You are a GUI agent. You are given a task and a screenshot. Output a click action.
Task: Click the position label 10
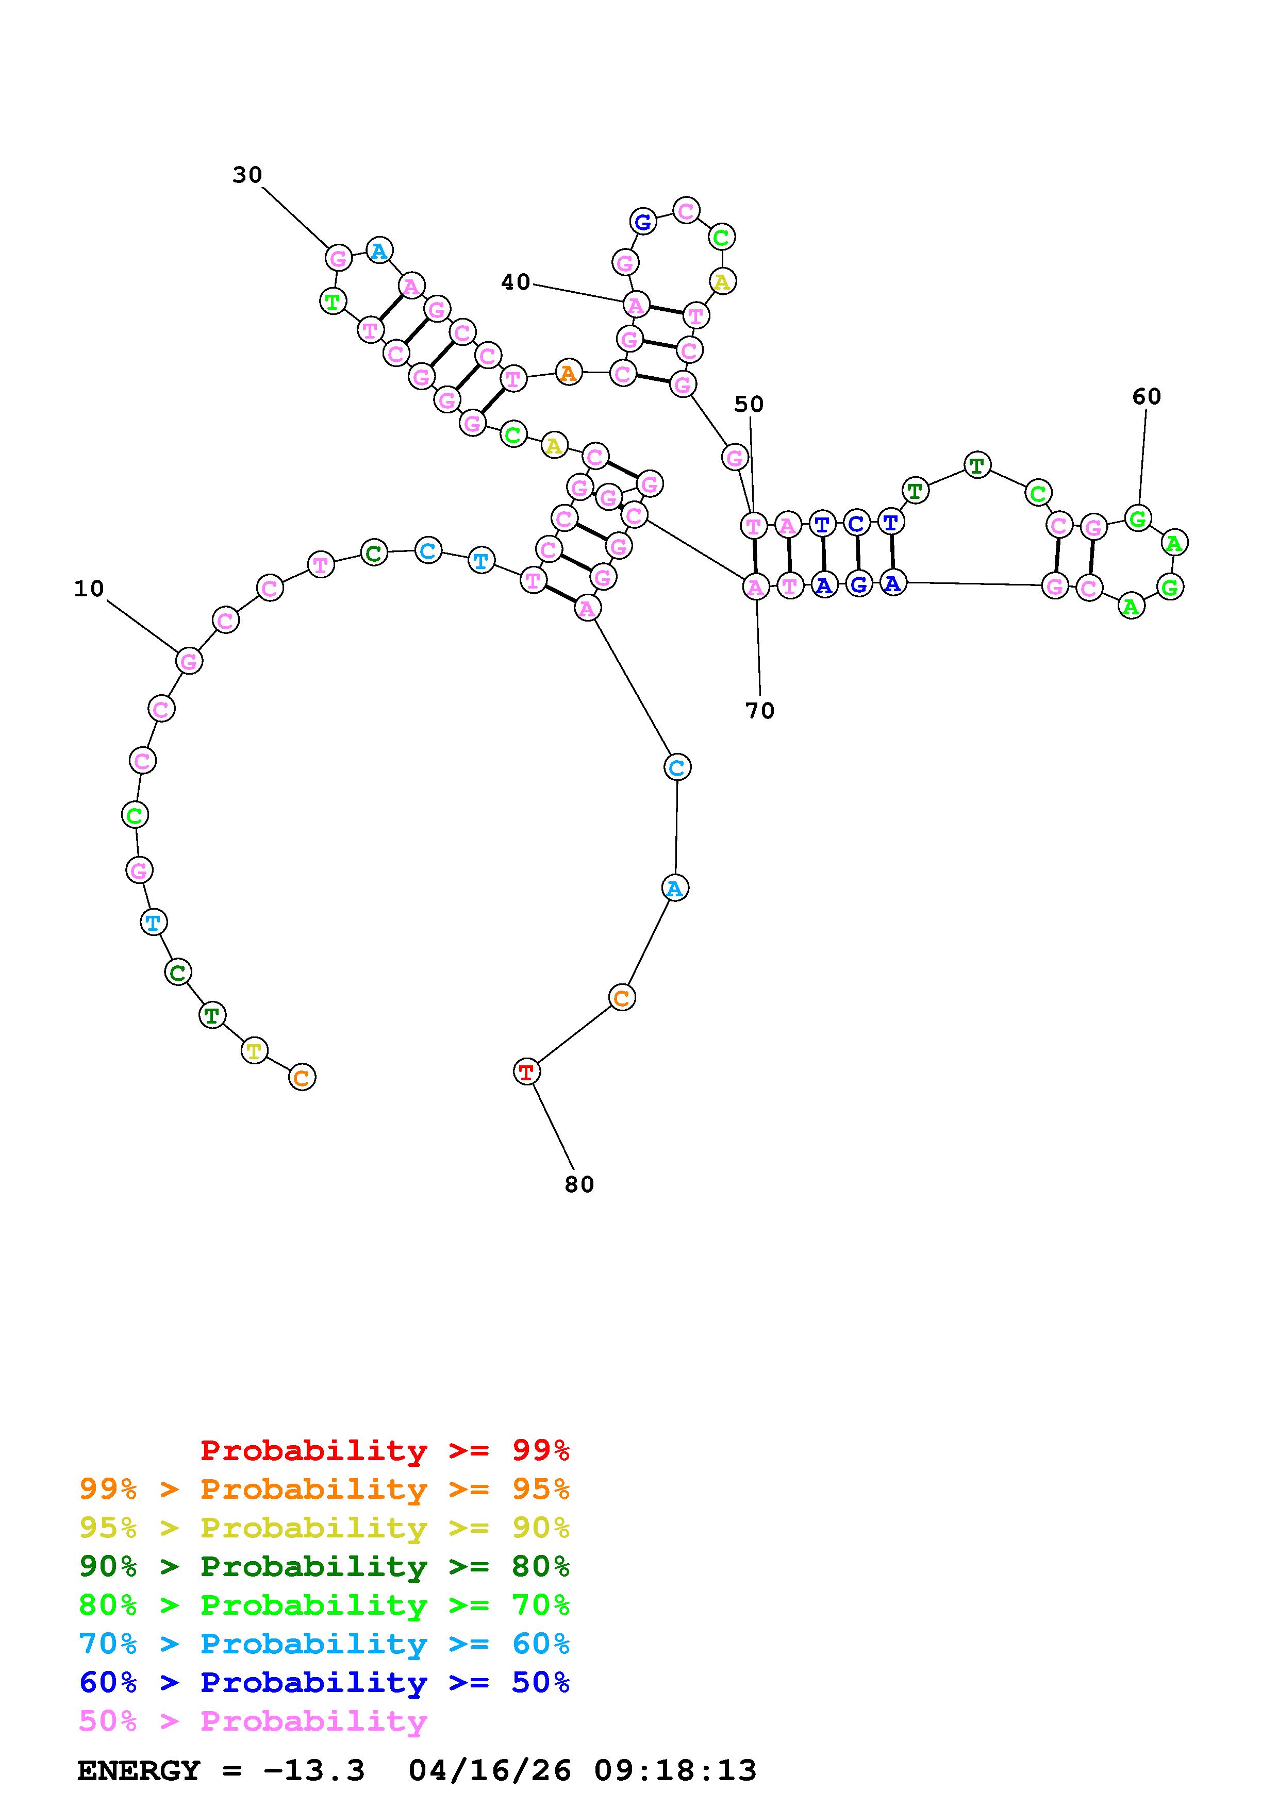coord(89,589)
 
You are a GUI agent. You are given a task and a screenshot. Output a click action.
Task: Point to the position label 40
coord(516,282)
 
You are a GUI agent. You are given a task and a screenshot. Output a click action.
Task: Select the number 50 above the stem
coord(749,404)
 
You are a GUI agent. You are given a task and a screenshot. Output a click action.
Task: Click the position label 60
coord(1147,397)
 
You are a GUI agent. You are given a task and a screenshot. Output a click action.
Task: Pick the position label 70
coord(760,711)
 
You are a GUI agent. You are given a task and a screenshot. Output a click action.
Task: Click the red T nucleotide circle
coord(526,1072)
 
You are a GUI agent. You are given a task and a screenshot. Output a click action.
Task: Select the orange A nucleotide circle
coord(568,373)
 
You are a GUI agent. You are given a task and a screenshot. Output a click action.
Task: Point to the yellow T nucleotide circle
coord(254,1050)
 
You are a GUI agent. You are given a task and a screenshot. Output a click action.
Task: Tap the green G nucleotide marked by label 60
coord(1137,518)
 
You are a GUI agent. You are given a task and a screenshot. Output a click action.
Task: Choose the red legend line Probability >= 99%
coord(385,1450)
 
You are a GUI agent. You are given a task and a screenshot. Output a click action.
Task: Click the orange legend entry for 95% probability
coord(324,1489)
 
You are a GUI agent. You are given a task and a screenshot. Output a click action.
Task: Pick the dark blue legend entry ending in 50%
coord(324,1683)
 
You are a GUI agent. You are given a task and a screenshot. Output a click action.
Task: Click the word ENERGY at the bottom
coord(139,1771)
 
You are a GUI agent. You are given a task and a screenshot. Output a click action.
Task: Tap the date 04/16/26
coord(490,1771)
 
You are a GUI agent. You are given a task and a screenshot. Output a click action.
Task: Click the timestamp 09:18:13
coord(675,1771)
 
